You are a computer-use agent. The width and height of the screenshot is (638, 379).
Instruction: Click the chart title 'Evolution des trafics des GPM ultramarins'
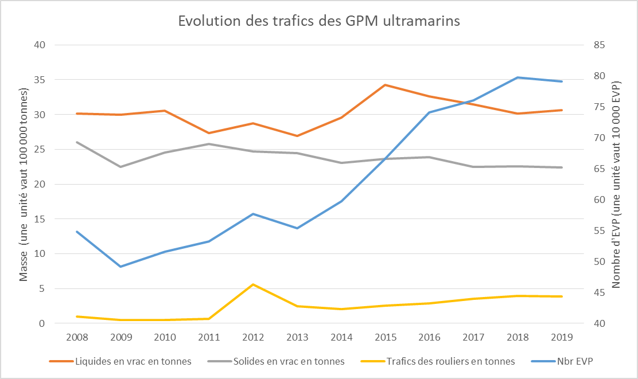[x=319, y=21]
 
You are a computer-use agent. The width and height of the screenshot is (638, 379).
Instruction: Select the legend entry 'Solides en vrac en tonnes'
[x=289, y=361]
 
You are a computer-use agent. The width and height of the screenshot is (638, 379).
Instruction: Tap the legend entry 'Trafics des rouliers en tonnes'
[x=450, y=361]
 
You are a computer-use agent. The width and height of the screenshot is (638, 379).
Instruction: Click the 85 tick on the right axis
[x=599, y=45]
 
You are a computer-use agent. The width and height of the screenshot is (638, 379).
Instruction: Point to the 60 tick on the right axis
[x=599, y=200]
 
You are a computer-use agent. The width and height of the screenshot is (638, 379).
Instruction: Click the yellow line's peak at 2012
[x=253, y=284]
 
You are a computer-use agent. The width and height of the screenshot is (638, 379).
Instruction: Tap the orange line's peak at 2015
[x=386, y=85]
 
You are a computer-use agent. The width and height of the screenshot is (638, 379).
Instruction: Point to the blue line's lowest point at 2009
[x=120, y=267]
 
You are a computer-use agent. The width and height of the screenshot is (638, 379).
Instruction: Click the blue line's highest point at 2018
[x=518, y=77]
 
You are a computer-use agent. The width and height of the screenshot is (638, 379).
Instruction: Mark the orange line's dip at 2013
[x=297, y=136]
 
